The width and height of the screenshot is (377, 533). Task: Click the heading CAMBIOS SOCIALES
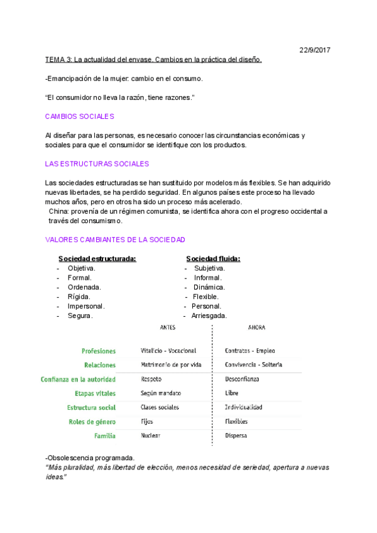[x=79, y=116]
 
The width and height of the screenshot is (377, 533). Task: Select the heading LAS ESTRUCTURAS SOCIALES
[x=97, y=163]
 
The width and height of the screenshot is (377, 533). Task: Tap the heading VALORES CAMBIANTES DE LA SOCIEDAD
[x=115, y=239]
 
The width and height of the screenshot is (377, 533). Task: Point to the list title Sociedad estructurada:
[x=97, y=258]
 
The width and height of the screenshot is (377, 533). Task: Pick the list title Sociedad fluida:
[x=213, y=258]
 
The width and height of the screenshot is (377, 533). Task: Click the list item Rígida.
[x=79, y=297]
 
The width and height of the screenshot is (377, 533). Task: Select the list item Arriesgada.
[x=209, y=316]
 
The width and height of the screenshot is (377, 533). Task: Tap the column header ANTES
[x=168, y=327]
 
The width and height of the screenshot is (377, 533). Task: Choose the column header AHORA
[x=256, y=327]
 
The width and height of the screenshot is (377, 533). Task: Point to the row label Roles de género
[x=92, y=422]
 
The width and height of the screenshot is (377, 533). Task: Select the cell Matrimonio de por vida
[x=171, y=365]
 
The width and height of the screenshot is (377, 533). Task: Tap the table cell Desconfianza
[x=242, y=379]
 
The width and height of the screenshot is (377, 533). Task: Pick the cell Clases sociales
[x=160, y=407]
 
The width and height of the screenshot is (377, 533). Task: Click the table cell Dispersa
[x=236, y=436]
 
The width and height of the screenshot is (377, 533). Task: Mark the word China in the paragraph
[x=59, y=211]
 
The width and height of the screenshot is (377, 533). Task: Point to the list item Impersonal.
[x=86, y=306]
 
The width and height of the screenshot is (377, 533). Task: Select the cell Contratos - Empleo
[x=249, y=351]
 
